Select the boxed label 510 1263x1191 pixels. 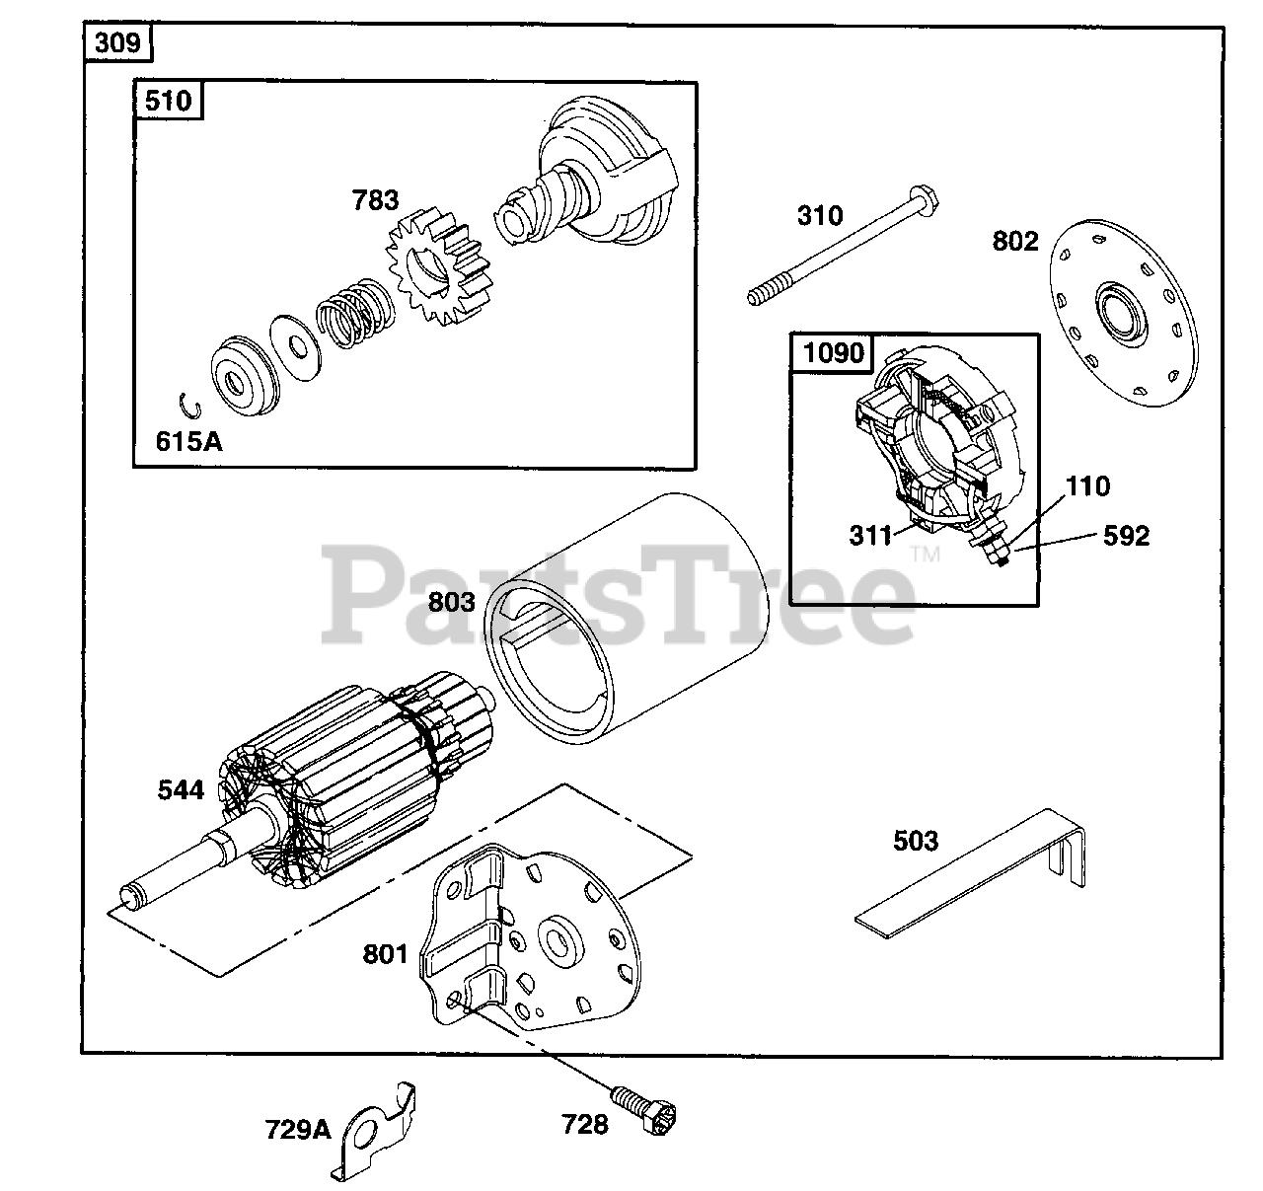coord(169,101)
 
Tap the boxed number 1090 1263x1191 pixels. coord(834,352)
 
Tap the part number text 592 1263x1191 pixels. coord(1126,536)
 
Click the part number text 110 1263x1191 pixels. coord(1087,486)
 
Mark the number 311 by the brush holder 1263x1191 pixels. coord(870,535)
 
